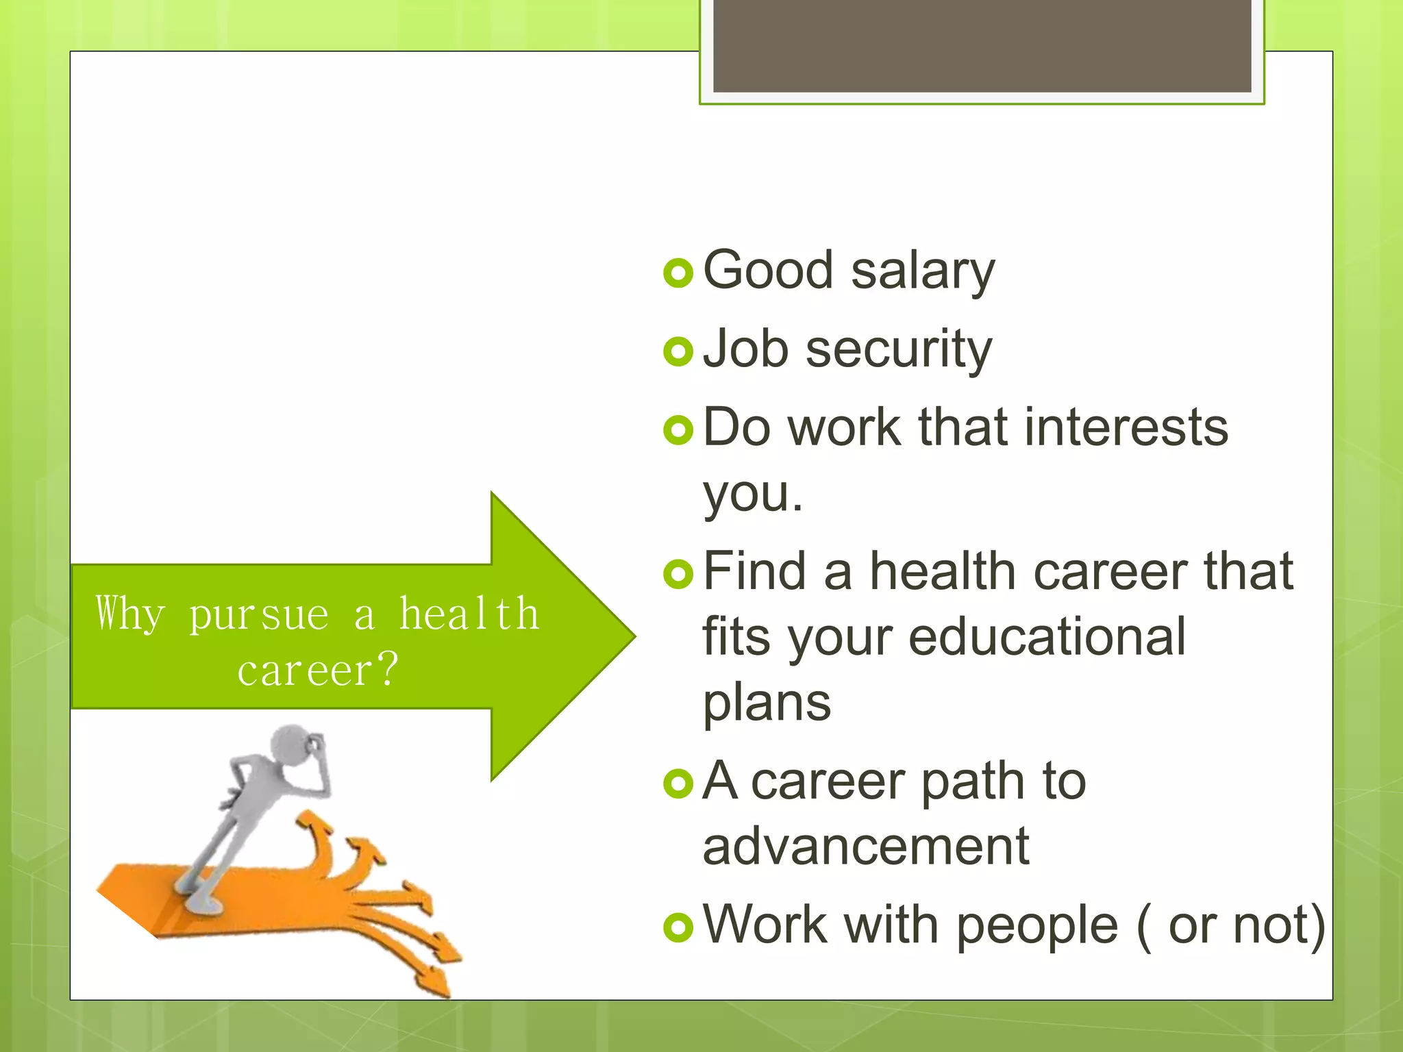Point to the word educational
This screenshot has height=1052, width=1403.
[1047, 637]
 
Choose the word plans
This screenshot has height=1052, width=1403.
[767, 703]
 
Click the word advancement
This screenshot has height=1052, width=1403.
[866, 847]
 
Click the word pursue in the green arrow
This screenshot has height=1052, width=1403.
[259, 614]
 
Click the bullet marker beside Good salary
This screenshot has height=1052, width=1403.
[678, 273]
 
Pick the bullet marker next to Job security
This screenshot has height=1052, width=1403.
[678, 352]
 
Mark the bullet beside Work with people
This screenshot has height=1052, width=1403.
[678, 927]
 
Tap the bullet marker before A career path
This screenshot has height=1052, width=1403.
[678, 783]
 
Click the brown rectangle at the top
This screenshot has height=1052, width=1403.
[982, 45]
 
